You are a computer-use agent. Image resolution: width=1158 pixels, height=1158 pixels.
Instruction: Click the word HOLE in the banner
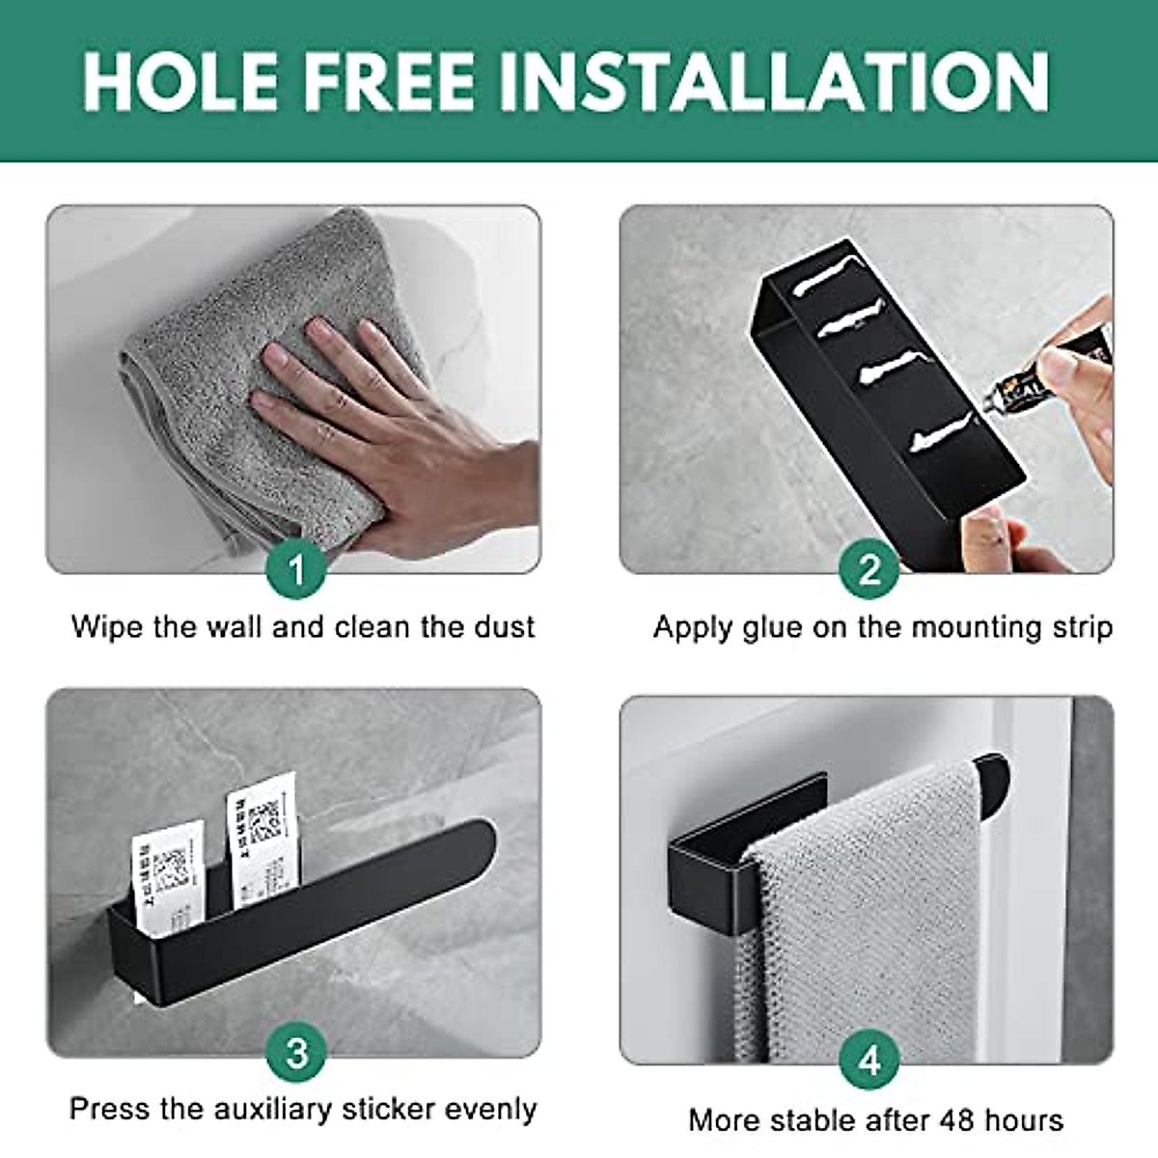[179, 81]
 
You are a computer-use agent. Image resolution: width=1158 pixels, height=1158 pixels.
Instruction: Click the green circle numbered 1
[296, 569]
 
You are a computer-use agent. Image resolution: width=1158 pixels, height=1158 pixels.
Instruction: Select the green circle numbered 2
[868, 569]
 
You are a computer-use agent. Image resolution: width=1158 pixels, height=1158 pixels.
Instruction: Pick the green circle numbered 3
[296, 1052]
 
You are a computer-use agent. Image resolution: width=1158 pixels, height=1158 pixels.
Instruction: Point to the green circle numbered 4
[868, 1060]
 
